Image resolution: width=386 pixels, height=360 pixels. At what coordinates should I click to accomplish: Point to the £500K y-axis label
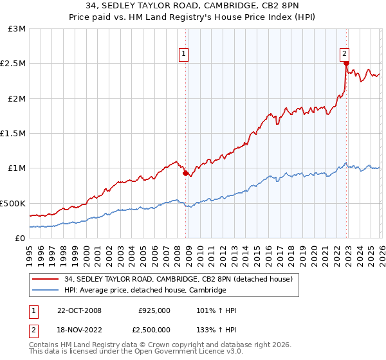[13, 203]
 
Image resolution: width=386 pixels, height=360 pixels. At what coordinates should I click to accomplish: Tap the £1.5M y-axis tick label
[13, 134]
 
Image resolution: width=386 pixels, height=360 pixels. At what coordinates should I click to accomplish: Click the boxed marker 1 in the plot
[184, 55]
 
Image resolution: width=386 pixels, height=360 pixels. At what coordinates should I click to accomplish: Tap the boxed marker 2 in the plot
[345, 55]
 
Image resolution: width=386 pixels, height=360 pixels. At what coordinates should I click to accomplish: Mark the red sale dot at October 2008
[185, 173]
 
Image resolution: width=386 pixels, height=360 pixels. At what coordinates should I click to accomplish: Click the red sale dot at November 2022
[346, 64]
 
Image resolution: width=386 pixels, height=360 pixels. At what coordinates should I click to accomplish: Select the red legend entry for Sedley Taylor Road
[178, 279]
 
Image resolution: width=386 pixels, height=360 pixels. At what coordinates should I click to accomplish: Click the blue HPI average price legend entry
[145, 291]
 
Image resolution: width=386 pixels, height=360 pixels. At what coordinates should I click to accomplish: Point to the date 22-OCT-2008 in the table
[79, 310]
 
